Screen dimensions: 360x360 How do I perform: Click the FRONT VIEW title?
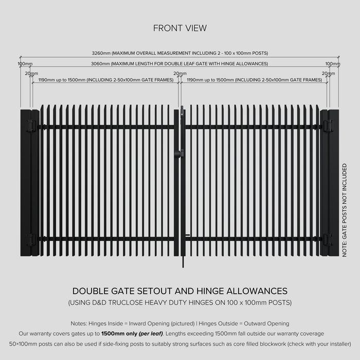(180, 28)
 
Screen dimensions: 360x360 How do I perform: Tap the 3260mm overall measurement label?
(180, 53)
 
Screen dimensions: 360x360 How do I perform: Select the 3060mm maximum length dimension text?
(180, 64)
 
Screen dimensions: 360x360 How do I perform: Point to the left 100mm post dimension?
(25, 64)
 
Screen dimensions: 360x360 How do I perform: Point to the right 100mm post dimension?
(333, 64)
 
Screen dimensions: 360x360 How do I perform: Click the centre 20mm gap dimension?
(180, 74)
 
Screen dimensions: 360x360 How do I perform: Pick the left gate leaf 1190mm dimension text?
(105, 80)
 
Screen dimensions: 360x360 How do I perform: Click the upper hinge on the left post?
(31, 126)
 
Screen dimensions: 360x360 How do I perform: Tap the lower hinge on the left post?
(31, 239)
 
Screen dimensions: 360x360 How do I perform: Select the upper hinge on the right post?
(328, 126)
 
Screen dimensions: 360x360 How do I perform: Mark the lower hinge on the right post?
(328, 239)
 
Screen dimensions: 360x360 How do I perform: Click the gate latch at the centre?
(179, 152)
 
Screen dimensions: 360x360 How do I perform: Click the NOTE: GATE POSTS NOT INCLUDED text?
(345, 210)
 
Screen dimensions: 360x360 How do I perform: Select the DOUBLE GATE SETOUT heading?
(180, 291)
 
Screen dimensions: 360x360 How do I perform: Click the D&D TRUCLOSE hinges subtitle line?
(180, 303)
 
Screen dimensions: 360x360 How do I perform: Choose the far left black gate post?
(25, 183)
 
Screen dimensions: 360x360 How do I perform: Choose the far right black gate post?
(334, 183)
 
